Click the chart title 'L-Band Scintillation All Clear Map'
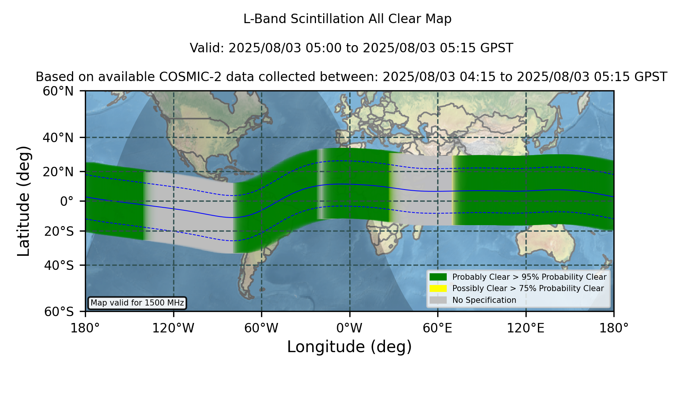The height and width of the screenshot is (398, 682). coord(347,19)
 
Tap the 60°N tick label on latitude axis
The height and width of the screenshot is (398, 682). coord(58,91)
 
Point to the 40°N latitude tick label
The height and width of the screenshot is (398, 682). coord(58,138)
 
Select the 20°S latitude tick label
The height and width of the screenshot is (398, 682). coord(59,231)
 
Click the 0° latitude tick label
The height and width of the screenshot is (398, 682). coord(67,201)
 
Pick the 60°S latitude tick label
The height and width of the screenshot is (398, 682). coord(59,312)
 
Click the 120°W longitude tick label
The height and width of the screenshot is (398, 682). coord(173,328)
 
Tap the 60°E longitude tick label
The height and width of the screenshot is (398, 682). coord(438,328)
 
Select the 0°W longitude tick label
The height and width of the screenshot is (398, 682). coord(349,328)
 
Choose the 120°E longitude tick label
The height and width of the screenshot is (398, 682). coord(526,328)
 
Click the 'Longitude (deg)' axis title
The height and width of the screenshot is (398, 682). coord(349,347)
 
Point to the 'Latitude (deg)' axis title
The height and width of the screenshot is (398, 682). coord(23,201)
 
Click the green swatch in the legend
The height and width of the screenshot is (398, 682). coord(438,277)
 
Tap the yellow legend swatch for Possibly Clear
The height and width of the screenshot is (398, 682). coord(438,288)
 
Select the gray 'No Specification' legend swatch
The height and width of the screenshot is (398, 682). coord(438,300)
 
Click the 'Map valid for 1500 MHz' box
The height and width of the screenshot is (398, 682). coord(137,303)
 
